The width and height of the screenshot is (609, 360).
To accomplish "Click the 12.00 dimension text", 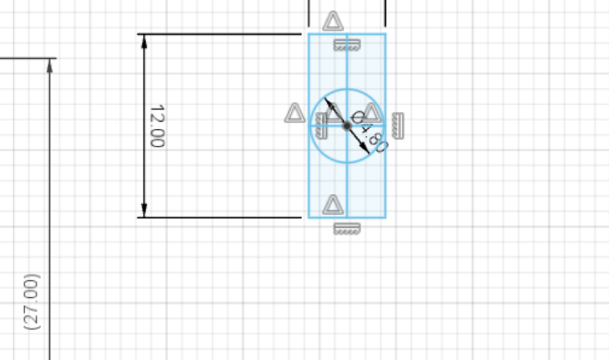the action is click(157, 126).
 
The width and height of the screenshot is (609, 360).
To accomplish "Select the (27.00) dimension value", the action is click(32, 302).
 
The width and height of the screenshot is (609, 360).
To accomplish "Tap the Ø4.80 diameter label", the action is click(369, 132).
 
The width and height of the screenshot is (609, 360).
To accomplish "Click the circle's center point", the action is click(347, 126).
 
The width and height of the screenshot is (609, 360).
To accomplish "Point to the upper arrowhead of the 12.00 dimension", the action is click(144, 41).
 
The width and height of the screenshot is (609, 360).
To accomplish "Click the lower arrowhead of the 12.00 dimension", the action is click(144, 210).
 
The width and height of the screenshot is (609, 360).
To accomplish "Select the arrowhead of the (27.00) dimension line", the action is click(49, 65).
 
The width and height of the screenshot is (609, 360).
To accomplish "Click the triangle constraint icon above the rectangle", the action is click(333, 21).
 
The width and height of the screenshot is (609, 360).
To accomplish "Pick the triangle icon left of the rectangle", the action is click(295, 113).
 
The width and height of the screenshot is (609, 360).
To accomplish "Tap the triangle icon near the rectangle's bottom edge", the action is click(333, 205).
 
